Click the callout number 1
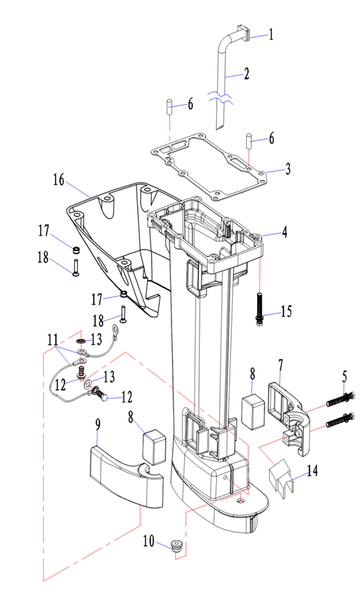coord(271,34)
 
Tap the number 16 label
coord(59,179)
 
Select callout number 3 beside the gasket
coord(288,169)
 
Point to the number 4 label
coord(285,232)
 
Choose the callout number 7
coord(280,365)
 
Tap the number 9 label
coord(98,425)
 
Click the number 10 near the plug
coord(149,540)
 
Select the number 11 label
coord(53,339)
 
